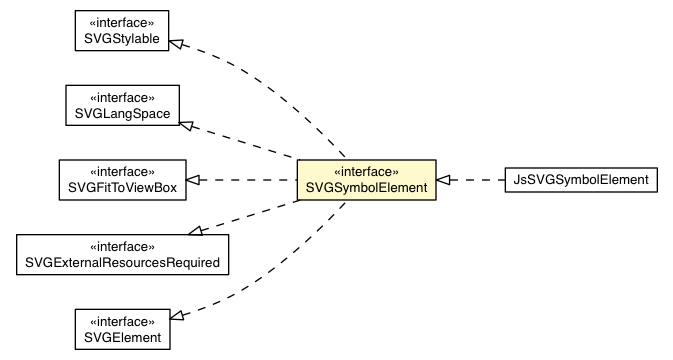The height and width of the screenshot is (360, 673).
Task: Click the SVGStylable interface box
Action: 118,27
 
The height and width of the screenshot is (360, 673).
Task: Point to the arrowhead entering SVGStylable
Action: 175,43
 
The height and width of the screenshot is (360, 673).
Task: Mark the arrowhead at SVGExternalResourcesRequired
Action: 197,232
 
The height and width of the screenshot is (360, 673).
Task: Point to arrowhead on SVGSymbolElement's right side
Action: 444,180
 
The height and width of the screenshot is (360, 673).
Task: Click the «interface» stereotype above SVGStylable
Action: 118,19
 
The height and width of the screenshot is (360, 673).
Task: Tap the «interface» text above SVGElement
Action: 118,322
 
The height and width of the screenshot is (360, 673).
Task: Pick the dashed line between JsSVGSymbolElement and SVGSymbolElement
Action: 475,180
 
